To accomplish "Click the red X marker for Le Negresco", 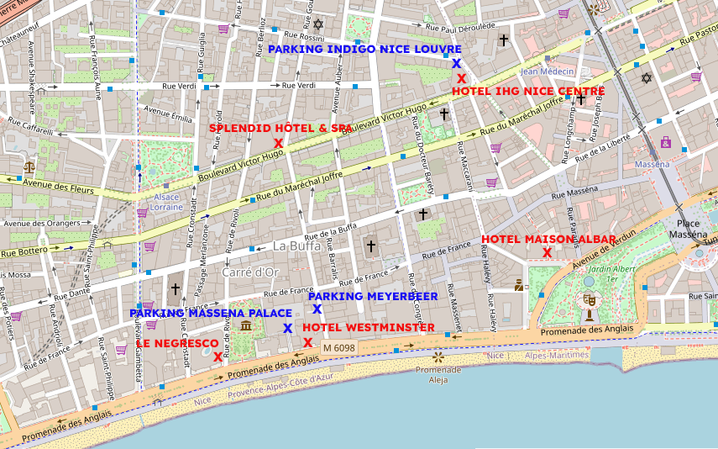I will (217, 357).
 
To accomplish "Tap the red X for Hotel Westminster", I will (308, 342).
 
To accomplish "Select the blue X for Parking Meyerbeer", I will (317, 309).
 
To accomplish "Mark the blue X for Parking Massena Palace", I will (287, 328).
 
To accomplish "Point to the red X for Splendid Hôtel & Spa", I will (278, 143).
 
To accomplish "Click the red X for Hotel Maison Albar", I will (547, 252).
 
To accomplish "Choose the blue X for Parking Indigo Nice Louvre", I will (456, 63).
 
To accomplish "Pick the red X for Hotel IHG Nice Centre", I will (461, 77).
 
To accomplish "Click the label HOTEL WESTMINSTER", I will (369, 327).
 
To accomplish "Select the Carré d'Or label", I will (250, 272).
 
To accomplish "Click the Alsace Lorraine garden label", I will (166, 202).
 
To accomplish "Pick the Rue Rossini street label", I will (304, 36).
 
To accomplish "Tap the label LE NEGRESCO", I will (176, 344).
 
